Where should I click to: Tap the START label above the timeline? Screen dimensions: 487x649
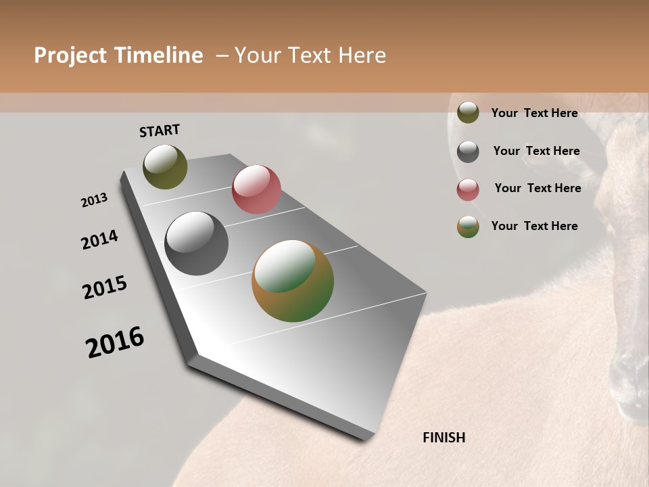click(x=160, y=131)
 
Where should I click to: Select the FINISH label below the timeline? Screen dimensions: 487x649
click(x=444, y=438)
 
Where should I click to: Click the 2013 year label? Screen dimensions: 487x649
click(x=94, y=200)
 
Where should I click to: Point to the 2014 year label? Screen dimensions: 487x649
click(x=99, y=239)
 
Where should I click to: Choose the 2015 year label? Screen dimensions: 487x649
click(x=105, y=287)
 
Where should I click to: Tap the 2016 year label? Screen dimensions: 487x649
click(x=115, y=342)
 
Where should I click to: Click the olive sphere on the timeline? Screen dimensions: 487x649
click(x=165, y=166)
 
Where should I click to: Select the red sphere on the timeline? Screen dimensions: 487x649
click(x=256, y=189)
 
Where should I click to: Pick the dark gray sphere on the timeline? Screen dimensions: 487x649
click(x=197, y=243)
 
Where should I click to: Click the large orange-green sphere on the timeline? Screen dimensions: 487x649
click(x=293, y=281)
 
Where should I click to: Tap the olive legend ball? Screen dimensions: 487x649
click(x=468, y=112)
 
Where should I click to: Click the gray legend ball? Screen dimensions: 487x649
click(x=468, y=152)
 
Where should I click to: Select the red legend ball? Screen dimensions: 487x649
click(x=468, y=189)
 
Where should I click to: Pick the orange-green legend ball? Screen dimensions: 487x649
click(x=468, y=227)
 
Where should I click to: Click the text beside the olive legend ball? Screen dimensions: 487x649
click(x=534, y=113)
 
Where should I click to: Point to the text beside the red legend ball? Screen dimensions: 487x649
click(x=537, y=188)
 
